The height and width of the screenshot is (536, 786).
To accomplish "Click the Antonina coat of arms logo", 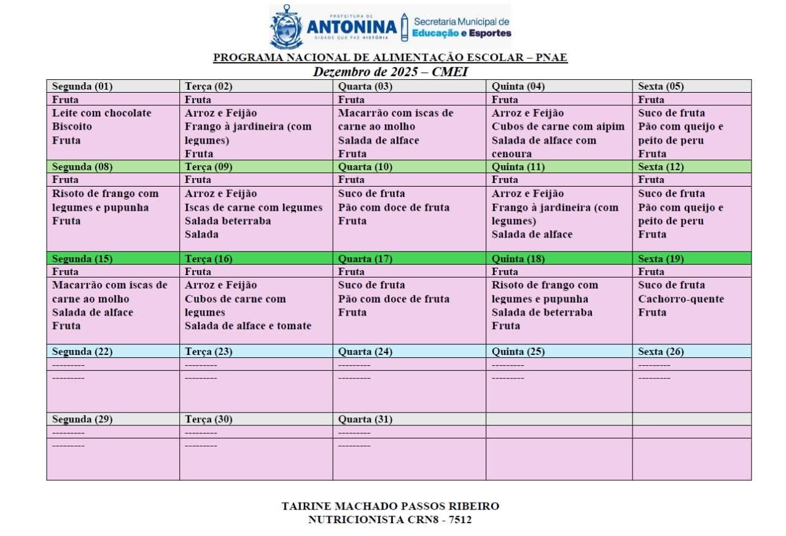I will pos(286,27).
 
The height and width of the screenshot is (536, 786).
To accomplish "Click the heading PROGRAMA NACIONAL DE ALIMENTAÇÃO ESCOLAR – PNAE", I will pos(390,58).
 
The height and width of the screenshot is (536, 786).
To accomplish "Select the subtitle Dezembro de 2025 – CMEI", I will pos(391,72).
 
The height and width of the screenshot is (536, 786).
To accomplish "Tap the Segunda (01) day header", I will pos(82,87).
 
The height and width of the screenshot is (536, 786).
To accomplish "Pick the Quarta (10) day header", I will pos(365,167).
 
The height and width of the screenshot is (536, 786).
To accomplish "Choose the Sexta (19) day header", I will pos(661,258).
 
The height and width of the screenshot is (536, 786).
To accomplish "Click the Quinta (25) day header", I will pos(518,352).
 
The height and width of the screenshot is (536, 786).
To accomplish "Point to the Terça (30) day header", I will pos(208,419).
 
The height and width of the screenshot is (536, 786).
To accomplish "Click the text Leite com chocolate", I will pos(101,113).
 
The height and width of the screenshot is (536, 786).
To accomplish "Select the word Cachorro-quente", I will pos(681,299).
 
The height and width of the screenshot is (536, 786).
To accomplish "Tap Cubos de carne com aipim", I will pos(558,126).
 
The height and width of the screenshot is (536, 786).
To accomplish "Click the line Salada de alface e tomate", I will pos(248,326).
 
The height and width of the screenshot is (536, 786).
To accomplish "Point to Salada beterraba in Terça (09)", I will pos(228,221).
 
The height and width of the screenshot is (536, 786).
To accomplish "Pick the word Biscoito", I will pos(72,126).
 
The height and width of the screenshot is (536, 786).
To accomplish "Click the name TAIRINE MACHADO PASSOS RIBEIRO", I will pos(390,507).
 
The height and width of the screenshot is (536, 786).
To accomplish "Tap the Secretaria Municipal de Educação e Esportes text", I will pos(461,27).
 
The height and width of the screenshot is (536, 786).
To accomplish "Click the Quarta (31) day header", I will pos(365,419).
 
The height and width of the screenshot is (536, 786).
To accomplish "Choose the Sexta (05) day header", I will pos(661,87).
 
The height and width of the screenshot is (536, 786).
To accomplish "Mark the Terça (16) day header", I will pos(208,258).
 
